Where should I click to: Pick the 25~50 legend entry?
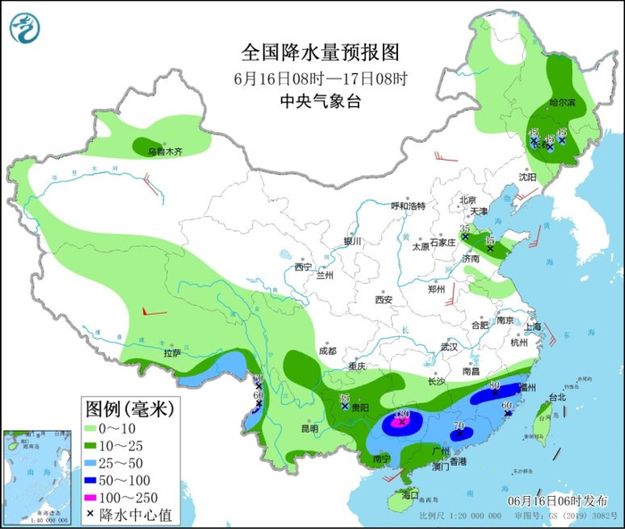click(x=121, y=462)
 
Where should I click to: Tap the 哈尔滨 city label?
click(x=562, y=103)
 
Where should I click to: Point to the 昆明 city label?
click(x=309, y=427)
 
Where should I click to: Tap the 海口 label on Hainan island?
click(x=410, y=494)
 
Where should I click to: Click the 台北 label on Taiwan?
click(x=556, y=396)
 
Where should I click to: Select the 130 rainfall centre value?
click(x=402, y=415)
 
